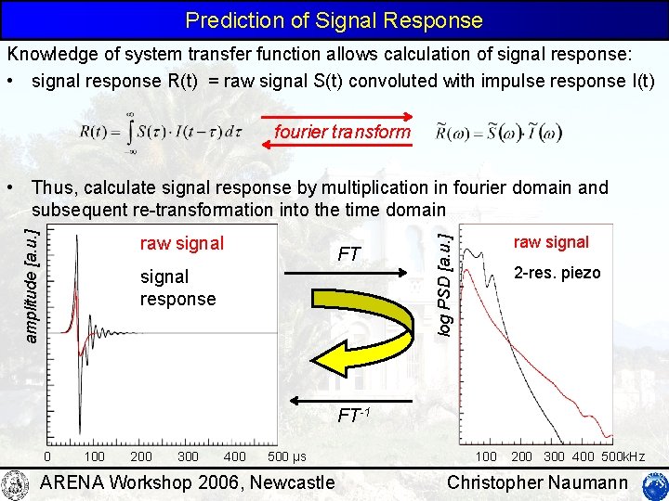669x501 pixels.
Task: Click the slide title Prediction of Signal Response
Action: coord(334,19)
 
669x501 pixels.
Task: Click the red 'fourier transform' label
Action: coord(342,132)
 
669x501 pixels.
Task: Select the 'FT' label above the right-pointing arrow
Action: coord(349,254)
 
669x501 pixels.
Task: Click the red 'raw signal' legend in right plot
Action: coord(551,242)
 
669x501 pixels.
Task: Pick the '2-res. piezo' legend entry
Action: coord(557,273)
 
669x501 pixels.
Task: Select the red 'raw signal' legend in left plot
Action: coord(181,244)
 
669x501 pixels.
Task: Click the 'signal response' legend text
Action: coord(177,288)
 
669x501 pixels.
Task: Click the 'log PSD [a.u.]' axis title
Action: coord(447,284)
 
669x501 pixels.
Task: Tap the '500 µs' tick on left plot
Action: coord(286,457)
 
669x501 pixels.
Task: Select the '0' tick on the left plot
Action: coord(48,457)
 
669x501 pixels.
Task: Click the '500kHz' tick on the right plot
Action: coord(622,457)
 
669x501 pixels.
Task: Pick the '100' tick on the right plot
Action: coord(487,457)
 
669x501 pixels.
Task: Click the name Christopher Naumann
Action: coord(537,482)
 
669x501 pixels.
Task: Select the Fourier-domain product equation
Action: coord(499,133)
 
